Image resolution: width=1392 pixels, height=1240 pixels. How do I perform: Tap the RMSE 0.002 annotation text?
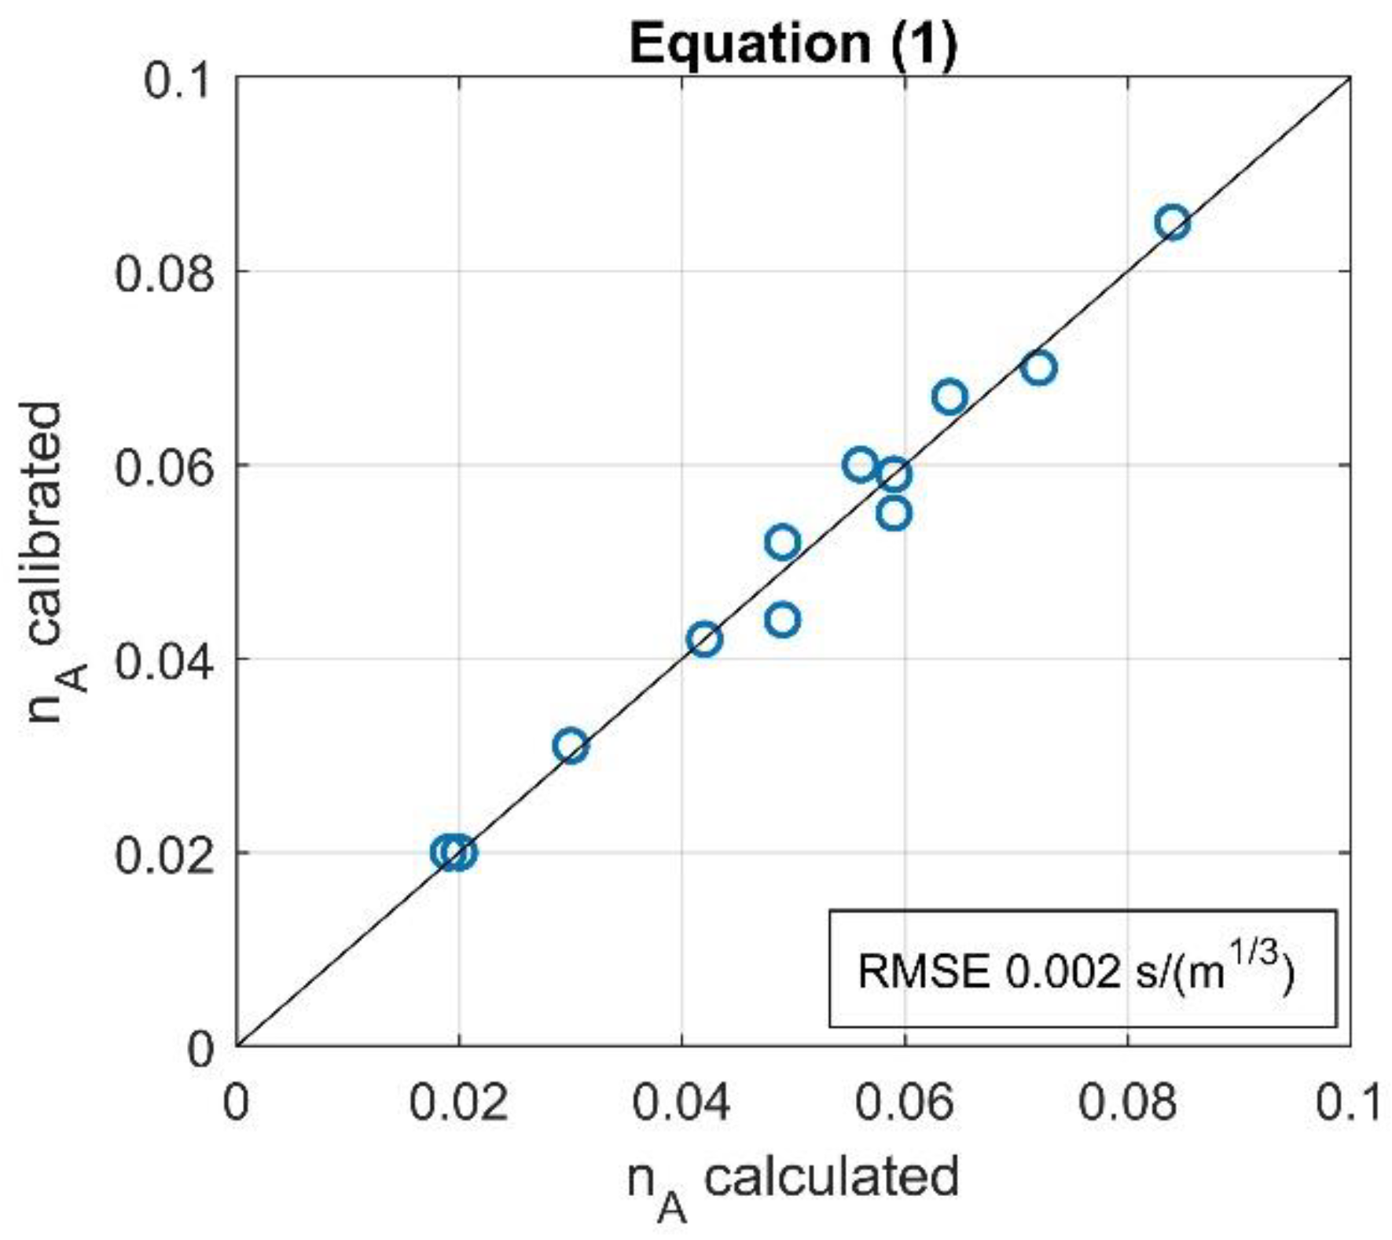tap(1075, 970)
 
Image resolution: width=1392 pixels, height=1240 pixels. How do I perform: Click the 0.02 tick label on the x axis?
tap(458, 1102)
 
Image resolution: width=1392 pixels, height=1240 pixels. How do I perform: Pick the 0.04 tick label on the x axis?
tap(681, 1102)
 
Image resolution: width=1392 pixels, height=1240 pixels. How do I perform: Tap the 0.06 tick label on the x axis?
tap(905, 1102)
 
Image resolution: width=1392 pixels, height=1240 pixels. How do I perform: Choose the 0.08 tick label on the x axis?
tap(1128, 1102)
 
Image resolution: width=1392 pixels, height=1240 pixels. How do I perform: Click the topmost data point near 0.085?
tap(1172, 223)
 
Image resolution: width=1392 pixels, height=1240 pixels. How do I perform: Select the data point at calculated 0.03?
tap(571, 746)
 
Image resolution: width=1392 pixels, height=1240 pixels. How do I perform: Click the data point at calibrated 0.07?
tap(1038, 368)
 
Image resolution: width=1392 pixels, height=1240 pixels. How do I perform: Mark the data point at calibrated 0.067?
tap(949, 397)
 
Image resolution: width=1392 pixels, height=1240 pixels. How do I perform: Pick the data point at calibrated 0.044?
tap(782, 620)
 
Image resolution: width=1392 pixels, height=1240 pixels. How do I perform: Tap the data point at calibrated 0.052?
tap(782, 542)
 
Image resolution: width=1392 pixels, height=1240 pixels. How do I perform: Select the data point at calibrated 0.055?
tap(894, 514)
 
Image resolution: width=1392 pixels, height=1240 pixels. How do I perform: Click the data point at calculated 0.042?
tap(704, 639)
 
